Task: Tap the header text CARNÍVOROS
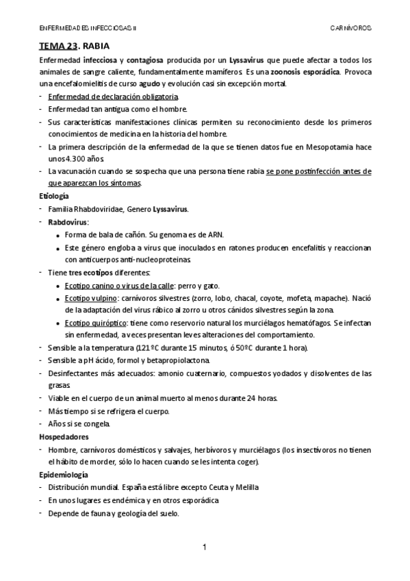tap(350, 29)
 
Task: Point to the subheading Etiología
tap(54, 196)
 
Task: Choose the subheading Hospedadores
tap(64, 436)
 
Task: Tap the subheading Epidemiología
tap(63, 474)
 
